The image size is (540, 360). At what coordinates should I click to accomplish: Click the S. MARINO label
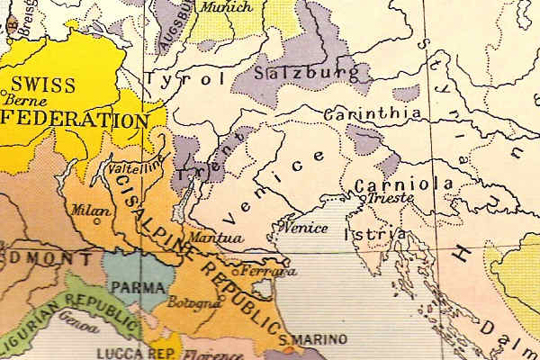coord(307,340)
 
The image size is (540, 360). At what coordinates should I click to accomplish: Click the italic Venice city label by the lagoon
coord(305,228)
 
